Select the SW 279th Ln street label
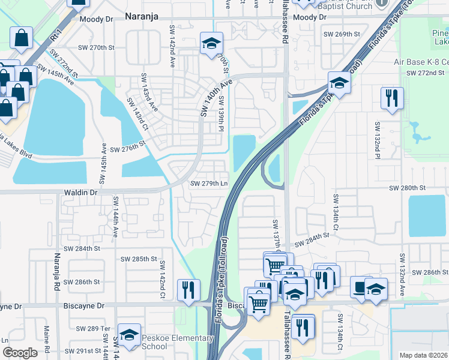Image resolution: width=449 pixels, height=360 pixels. coord(209,184)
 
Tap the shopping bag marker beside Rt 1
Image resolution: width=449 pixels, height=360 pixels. coord(22,38)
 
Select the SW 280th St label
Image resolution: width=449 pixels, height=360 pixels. coord(407,188)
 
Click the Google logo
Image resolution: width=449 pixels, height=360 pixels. coord(20,353)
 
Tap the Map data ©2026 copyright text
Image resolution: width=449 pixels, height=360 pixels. coord(423,355)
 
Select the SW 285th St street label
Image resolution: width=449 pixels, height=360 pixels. coord(139,259)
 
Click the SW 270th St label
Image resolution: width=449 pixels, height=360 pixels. coord(96,46)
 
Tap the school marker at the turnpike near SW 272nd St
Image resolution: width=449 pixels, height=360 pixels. coord(339,83)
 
